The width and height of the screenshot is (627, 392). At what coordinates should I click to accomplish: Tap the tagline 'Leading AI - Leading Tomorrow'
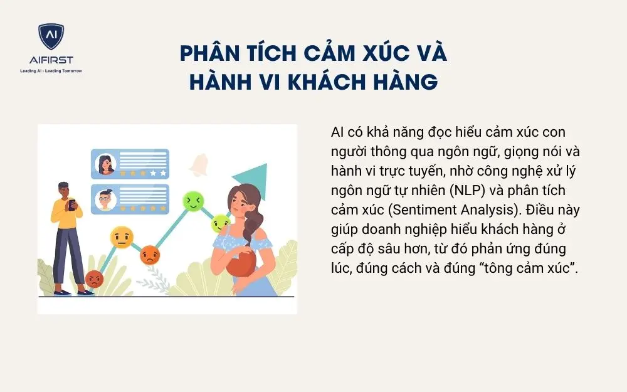click(51, 71)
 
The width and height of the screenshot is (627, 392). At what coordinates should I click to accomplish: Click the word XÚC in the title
click(360, 53)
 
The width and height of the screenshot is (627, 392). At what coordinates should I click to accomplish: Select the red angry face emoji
click(94, 278)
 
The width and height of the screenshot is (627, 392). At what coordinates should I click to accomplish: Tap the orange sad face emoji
click(150, 255)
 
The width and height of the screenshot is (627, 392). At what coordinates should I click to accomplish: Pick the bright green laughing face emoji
click(192, 201)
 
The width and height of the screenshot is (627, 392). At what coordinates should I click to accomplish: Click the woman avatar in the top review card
click(105, 164)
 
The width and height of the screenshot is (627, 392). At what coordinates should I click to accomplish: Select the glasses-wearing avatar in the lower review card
click(105, 199)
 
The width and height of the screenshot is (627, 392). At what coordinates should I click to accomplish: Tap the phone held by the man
click(71, 205)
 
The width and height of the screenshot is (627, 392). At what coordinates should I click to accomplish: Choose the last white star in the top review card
click(163, 171)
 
